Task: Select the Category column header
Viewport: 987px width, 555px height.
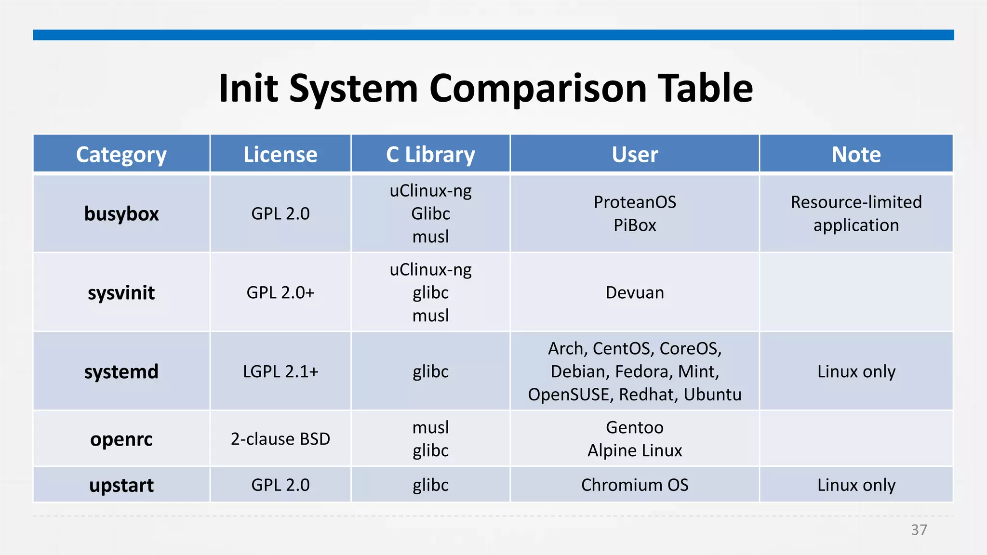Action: [121, 155]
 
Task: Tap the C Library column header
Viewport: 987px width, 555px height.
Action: [430, 155]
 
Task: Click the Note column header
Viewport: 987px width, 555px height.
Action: [856, 155]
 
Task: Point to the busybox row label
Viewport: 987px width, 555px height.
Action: [121, 214]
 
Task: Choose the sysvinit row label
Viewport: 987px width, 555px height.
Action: [121, 293]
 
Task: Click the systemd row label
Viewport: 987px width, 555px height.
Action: [121, 372]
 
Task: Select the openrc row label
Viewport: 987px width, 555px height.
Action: [121, 439]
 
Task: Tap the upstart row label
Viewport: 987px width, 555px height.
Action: [121, 485]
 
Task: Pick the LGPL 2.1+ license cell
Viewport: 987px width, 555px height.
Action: [280, 372]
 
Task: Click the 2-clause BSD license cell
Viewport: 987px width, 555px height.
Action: [280, 439]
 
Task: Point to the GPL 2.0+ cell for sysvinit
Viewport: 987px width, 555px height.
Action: [280, 293]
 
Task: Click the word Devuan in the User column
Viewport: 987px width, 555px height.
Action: [635, 293]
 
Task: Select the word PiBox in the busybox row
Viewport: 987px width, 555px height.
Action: [635, 225]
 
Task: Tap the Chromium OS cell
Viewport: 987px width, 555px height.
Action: [635, 485]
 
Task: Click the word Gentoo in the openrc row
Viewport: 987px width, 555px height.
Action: [635, 428]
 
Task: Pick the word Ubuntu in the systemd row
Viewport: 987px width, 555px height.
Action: [712, 395]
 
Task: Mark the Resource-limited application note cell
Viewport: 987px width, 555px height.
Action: [856, 214]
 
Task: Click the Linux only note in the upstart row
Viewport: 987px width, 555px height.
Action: [856, 485]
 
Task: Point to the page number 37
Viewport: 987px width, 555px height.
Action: [919, 530]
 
